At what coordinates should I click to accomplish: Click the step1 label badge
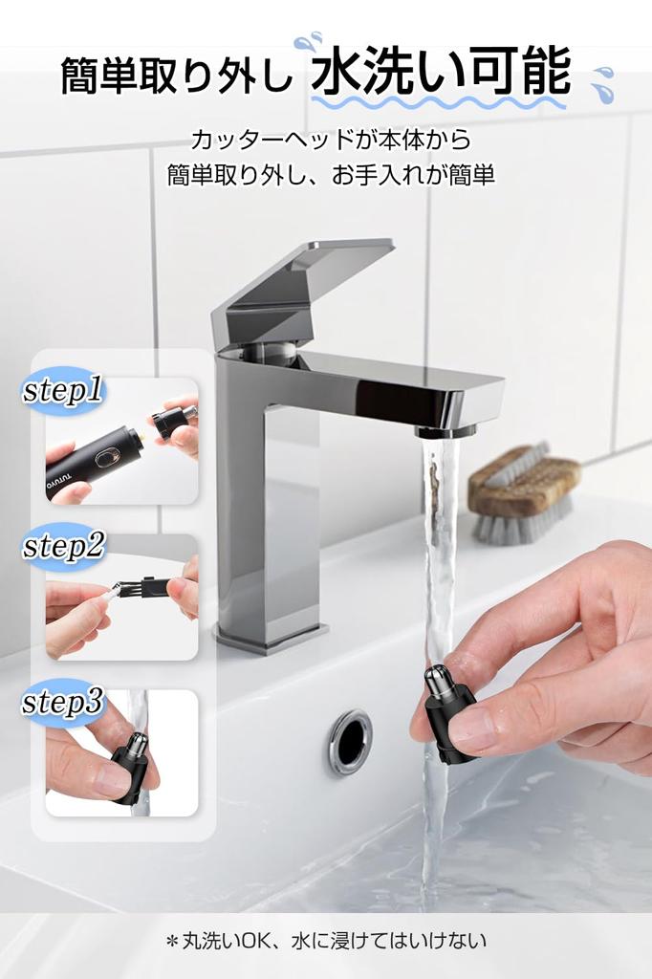coord(62,391)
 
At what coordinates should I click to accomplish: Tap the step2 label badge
coord(63,547)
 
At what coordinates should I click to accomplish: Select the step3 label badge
coord(63,703)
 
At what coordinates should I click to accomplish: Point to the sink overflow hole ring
coord(350,740)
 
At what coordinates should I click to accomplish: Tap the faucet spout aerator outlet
coord(445,431)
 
